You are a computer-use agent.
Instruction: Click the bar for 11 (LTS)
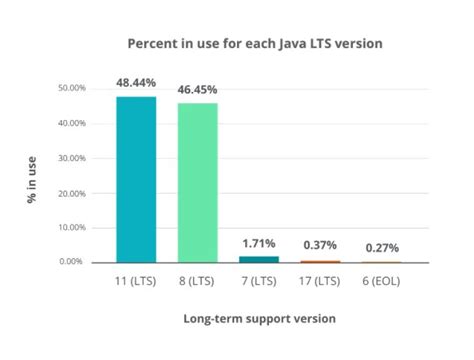coord(136,180)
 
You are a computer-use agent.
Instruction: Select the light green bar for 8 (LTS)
coord(198,183)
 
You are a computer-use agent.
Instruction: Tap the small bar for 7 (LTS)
coord(259,259)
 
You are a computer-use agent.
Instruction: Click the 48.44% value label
coord(136,83)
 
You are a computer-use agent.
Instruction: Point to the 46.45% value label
coord(198,89)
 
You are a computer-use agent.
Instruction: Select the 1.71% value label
coord(259,243)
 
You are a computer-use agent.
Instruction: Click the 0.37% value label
coord(321,245)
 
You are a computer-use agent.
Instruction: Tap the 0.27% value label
coord(382,247)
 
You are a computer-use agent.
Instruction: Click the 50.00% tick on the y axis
coord(71,88)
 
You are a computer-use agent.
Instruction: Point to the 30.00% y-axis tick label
coord(71,158)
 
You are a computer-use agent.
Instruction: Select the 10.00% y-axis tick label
coord(71,227)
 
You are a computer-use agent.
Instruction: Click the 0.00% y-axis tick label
coord(73,262)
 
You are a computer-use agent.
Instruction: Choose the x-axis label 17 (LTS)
coord(321,281)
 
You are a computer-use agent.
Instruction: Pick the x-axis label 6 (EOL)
coord(382,281)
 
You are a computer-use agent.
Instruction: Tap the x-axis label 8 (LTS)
coord(198,281)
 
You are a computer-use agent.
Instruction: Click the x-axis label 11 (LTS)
coord(136,281)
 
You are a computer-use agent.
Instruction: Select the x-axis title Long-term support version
coord(259,318)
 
